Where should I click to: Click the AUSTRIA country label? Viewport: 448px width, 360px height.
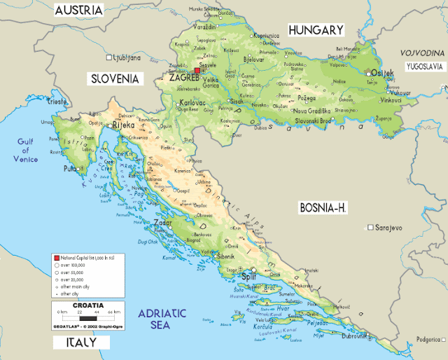(x=78, y=10)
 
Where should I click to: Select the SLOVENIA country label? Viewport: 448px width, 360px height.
(x=115, y=78)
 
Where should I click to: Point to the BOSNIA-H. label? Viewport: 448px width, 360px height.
(x=323, y=208)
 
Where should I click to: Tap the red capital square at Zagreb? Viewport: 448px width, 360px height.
(x=198, y=71)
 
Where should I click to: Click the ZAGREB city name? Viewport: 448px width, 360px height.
(x=185, y=78)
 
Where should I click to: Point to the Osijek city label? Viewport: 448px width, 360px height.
(x=382, y=74)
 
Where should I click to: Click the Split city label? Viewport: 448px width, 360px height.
(x=248, y=277)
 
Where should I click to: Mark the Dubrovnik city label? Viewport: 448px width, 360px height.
(x=356, y=336)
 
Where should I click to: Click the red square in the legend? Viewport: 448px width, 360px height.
(x=57, y=258)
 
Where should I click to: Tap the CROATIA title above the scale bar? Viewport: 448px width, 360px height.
(x=88, y=305)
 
